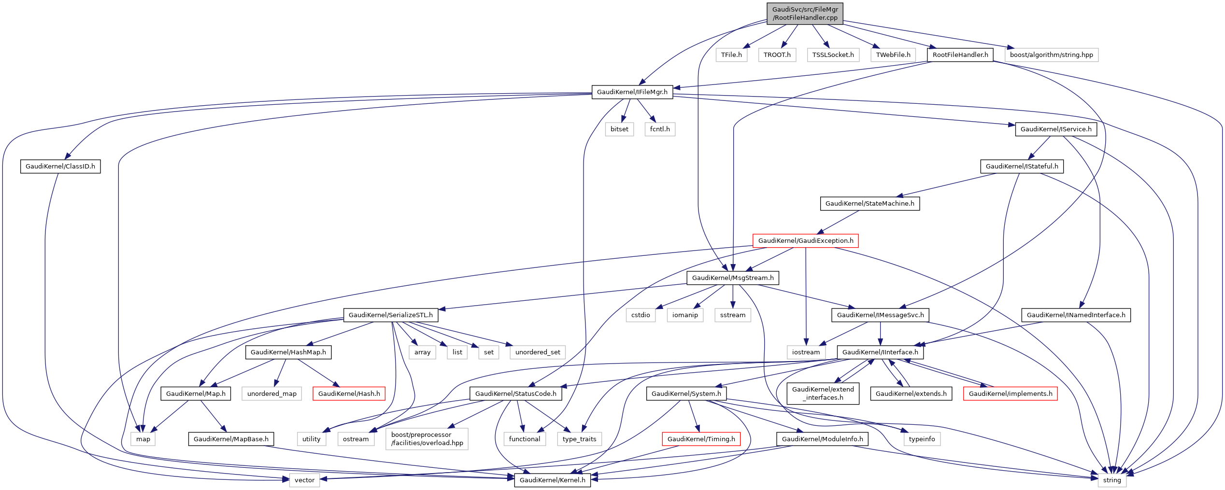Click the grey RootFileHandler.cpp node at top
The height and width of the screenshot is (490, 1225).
[x=805, y=14]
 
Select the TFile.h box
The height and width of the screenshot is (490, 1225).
[x=731, y=55]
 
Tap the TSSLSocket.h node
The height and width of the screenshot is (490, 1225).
[x=833, y=55]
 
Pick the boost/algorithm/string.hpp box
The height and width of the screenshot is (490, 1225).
[x=1051, y=55]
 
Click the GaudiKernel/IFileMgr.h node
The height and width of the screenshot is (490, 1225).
[x=632, y=92]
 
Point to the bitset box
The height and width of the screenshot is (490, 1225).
[x=619, y=129]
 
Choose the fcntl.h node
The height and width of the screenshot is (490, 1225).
[x=660, y=129]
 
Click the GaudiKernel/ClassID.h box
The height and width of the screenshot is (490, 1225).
[x=60, y=167]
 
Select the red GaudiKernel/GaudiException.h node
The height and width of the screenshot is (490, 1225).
[x=805, y=241]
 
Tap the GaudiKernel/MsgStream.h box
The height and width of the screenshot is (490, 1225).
[x=732, y=278]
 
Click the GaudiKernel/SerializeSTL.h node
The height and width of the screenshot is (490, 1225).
[x=390, y=315]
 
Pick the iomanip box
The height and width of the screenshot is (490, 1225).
[x=685, y=315]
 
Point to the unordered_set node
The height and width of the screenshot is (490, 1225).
[x=537, y=352]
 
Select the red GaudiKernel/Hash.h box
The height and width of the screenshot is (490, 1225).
[x=349, y=394]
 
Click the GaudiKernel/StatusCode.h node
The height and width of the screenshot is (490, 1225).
[x=515, y=394]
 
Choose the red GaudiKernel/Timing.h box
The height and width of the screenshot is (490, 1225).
[x=701, y=439]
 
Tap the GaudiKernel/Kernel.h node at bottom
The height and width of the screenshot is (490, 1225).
[x=552, y=480]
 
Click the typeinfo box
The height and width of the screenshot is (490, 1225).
[x=922, y=439]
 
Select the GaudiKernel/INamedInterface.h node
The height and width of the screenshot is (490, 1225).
[x=1076, y=315]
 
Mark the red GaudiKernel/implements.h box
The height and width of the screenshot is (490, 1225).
[x=1010, y=394]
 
